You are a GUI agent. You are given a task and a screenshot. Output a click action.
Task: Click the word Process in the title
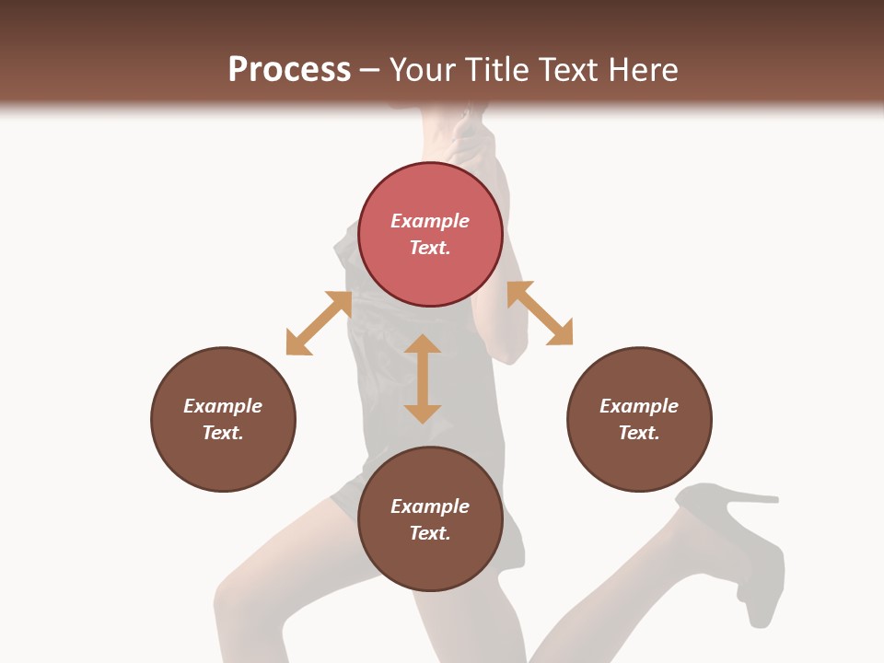click(x=289, y=70)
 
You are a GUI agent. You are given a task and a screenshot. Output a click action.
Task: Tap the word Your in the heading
click(x=426, y=70)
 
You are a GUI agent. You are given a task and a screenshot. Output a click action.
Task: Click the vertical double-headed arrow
click(x=423, y=378)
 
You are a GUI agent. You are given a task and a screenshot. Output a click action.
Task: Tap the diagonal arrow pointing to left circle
click(x=319, y=323)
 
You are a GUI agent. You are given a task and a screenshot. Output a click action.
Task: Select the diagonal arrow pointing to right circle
click(x=540, y=313)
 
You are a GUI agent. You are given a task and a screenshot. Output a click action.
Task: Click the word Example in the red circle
click(x=430, y=221)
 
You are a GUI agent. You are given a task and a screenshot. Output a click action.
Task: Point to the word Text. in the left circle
click(x=223, y=433)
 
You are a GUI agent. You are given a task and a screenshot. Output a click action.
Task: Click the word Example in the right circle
click(x=639, y=406)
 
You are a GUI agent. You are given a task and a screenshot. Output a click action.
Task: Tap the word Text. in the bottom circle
click(x=430, y=533)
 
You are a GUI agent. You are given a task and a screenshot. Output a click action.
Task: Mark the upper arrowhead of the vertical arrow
click(x=423, y=345)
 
